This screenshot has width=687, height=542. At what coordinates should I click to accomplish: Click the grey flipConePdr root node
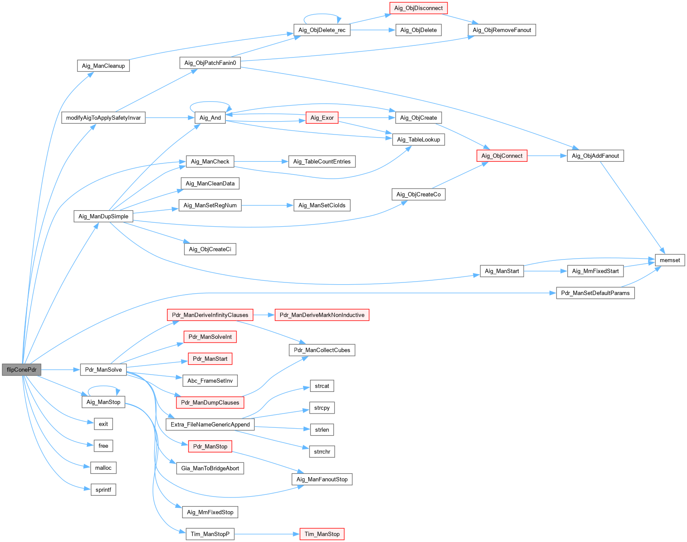[21, 370]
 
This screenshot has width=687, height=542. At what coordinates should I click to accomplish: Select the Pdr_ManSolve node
[103, 370]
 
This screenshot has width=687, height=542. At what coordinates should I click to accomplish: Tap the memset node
[670, 260]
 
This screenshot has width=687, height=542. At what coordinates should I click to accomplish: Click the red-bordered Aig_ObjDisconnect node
[418, 8]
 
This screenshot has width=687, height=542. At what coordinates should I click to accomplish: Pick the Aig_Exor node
[322, 118]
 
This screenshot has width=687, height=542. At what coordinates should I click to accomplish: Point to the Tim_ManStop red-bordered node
[322, 534]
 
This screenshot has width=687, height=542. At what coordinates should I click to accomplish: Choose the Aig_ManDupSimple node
[103, 216]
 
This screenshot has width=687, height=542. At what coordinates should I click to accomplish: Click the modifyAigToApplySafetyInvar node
[103, 118]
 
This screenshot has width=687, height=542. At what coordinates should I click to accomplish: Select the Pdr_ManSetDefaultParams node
[595, 293]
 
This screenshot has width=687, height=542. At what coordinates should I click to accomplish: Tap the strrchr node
[322, 452]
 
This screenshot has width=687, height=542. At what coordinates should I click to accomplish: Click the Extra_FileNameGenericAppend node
[210, 425]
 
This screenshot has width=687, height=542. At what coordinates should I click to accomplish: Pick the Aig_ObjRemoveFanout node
[502, 30]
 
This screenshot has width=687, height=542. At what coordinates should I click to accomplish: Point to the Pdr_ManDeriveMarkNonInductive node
[322, 315]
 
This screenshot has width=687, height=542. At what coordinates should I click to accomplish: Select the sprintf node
[103, 490]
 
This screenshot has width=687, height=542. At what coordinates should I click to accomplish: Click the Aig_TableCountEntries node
[322, 162]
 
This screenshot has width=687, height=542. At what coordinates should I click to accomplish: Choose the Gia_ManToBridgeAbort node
[210, 468]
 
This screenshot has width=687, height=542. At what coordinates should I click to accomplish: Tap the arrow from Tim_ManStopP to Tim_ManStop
[267, 534]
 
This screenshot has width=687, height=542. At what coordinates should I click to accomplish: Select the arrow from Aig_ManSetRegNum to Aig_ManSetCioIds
[267, 205]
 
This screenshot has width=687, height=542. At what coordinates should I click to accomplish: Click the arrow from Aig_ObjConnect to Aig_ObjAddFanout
[547, 156]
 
